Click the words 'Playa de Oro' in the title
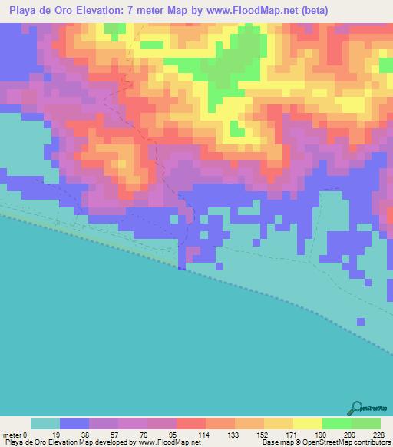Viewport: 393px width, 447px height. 42,10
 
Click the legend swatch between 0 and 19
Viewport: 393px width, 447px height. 45,423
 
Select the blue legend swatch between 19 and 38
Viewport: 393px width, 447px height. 74,423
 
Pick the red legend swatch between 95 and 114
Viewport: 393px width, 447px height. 190,423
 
